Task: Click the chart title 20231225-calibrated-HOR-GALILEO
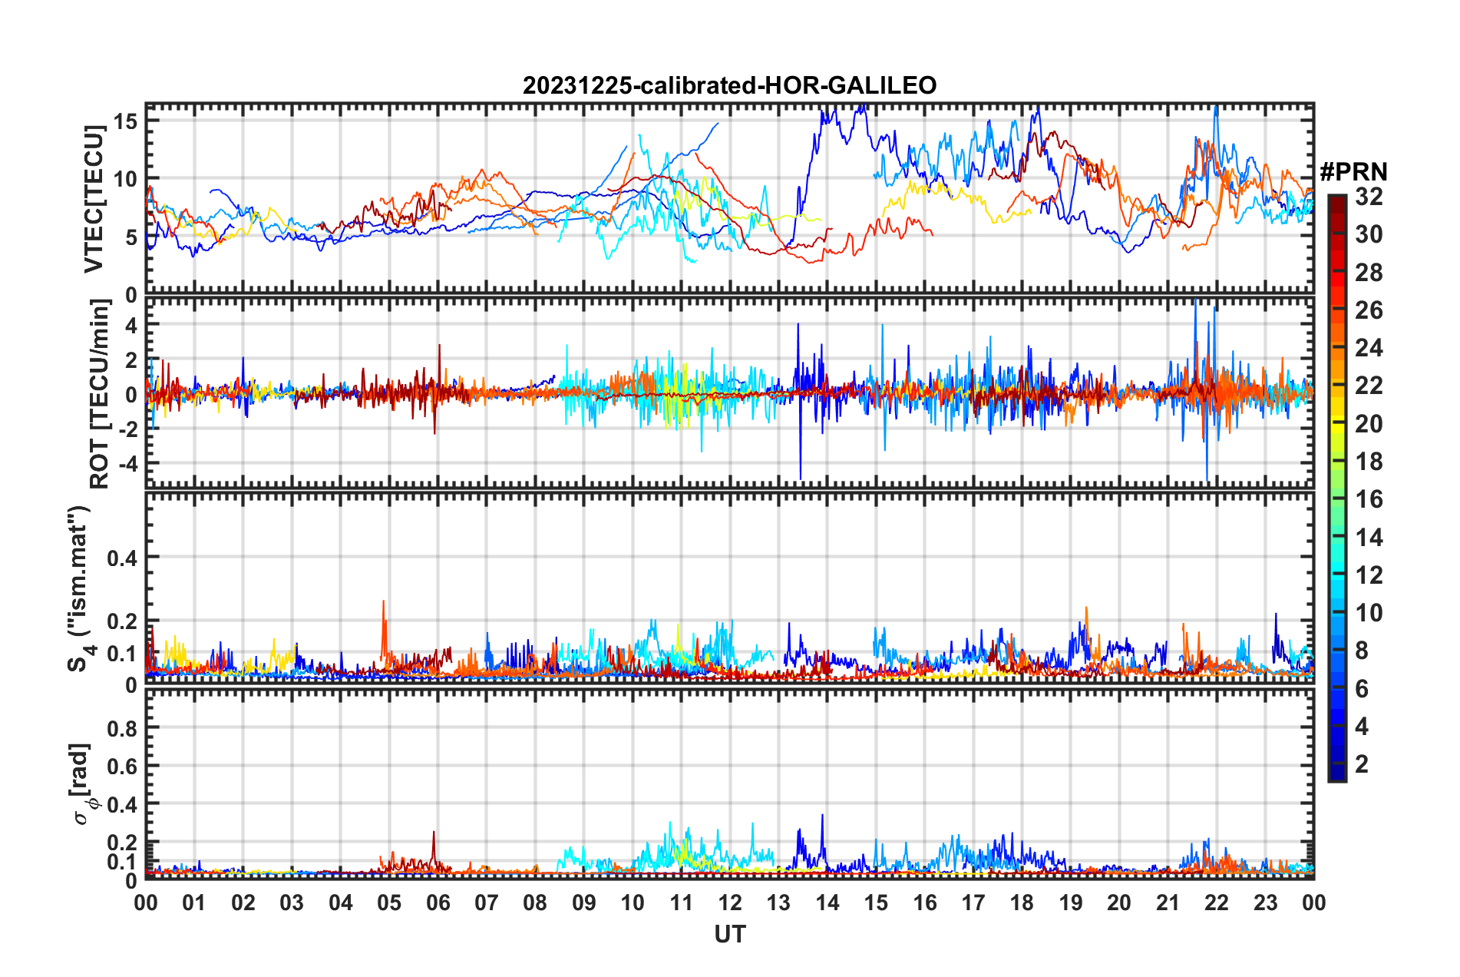tap(729, 85)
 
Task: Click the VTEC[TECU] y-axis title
tap(94, 199)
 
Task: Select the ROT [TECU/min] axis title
tap(100, 394)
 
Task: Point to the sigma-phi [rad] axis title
tap(81, 783)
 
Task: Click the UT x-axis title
tap(729, 934)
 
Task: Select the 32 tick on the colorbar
tap(1369, 197)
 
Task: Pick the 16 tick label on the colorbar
tap(1369, 499)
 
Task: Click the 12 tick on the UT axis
tap(730, 902)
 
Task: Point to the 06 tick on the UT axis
tap(438, 902)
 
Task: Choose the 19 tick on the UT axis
tap(1071, 902)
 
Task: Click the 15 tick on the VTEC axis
tap(126, 121)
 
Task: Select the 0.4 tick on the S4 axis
tap(123, 558)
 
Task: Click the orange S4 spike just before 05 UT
tap(384, 604)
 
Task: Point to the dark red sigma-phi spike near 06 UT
tap(434, 833)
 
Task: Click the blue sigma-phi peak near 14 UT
tap(822, 816)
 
